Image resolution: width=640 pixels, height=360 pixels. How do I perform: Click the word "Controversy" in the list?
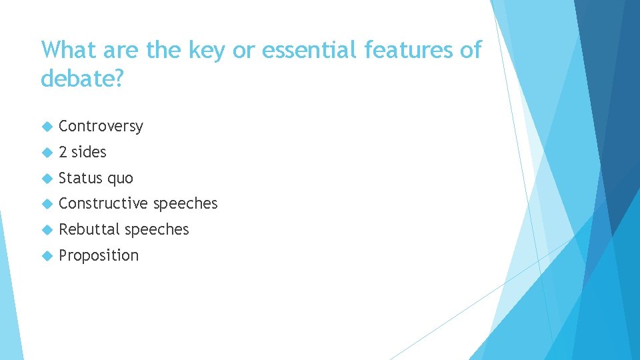click(101, 127)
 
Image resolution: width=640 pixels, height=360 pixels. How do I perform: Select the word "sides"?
click(89, 152)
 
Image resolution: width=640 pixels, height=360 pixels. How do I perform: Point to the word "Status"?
click(79, 178)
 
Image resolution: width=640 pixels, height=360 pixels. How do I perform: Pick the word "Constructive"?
click(103, 203)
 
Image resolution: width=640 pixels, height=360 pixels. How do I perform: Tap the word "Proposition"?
click(99, 255)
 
